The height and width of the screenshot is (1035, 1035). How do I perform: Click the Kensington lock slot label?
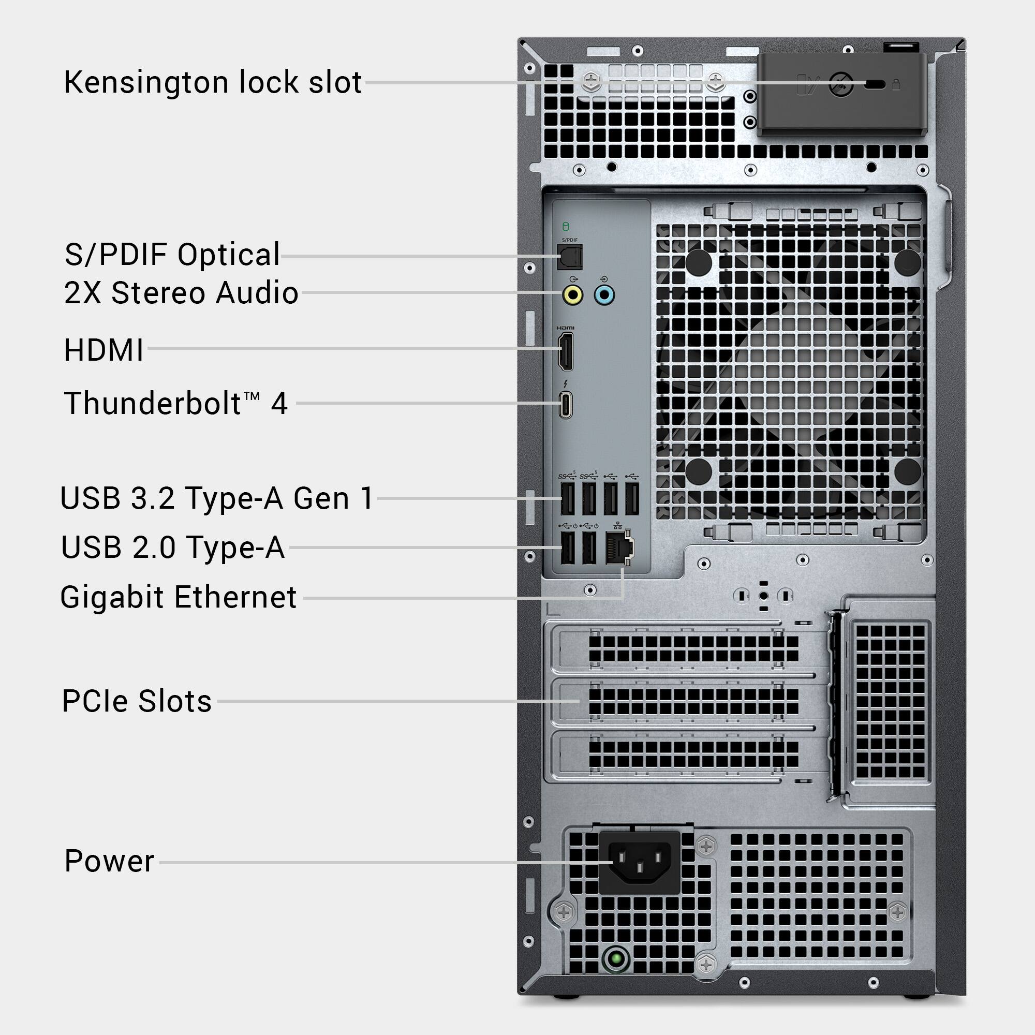(213, 82)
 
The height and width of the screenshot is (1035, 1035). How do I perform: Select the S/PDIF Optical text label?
(172, 255)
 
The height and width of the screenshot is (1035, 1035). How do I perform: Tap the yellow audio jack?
(573, 294)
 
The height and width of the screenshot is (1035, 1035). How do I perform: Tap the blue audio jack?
(604, 294)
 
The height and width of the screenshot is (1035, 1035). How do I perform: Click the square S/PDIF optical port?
(569, 257)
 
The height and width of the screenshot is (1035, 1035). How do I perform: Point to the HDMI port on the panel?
(565, 351)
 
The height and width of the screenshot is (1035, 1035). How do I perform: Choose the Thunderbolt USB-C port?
(566, 405)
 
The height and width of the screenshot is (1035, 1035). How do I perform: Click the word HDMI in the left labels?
(104, 350)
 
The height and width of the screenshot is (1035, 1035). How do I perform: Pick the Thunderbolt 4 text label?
(176, 404)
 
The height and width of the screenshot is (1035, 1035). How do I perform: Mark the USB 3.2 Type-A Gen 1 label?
(216, 498)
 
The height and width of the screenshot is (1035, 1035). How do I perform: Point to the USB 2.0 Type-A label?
(172, 548)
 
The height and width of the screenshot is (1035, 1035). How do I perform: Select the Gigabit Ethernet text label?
(179, 597)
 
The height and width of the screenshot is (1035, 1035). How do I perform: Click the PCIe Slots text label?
(137, 701)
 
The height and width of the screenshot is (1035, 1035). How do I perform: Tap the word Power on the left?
(109, 862)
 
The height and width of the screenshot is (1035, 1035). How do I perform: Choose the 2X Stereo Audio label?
(181, 293)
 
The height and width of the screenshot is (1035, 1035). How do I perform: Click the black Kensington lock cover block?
(841, 94)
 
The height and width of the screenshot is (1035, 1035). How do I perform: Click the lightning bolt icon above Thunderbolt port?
(566, 384)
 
